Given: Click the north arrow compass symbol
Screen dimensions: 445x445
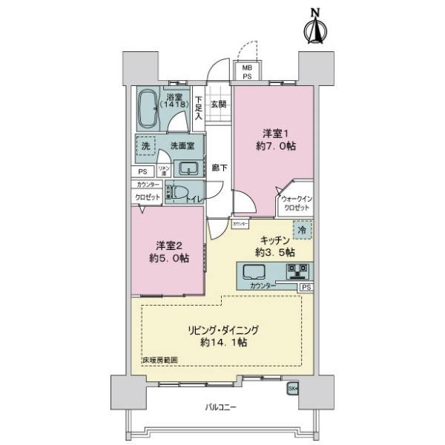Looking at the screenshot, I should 315,27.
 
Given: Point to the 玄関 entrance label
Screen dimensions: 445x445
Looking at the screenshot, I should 217,105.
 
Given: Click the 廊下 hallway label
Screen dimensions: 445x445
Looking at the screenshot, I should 218,168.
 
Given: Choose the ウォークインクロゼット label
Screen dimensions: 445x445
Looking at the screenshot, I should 296,203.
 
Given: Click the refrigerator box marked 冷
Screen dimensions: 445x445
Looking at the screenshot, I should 303,231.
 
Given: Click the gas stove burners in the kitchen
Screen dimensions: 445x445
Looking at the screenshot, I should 300,270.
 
